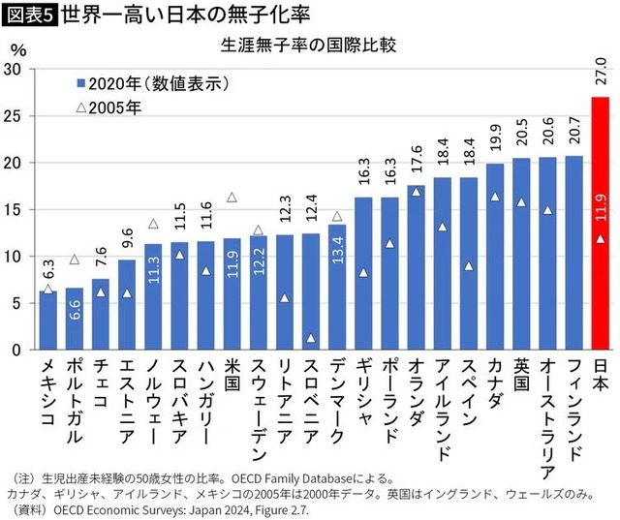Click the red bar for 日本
pyautogui.click(x=601, y=223)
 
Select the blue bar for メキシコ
pyautogui.click(x=48, y=320)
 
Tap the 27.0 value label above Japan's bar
pyautogui.click(x=601, y=76)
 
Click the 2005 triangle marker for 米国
pyautogui.click(x=232, y=198)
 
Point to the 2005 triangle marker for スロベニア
pyautogui.click(x=311, y=338)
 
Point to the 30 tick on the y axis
pyautogui.click(x=14, y=70)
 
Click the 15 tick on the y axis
pyautogui.click(x=14, y=210)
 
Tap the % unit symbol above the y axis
pyautogui.click(x=17, y=47)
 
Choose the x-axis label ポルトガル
pyautogui.click(x=75, y=409)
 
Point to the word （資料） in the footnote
pyautogui.click(x=26, y=509)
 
